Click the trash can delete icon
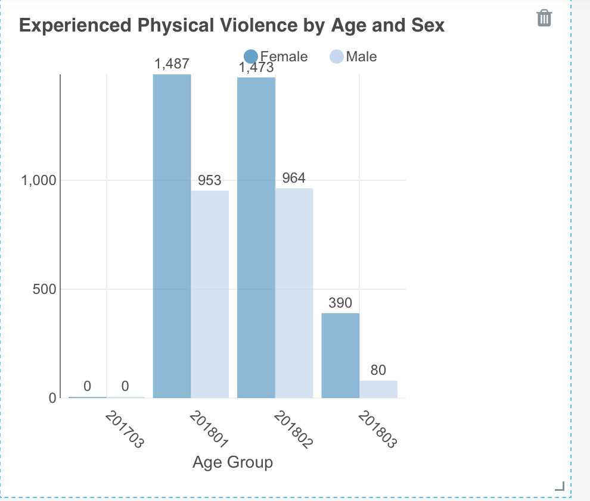click(544, 18)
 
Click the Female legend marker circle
click(251, 57)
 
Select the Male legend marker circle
click(336, 57)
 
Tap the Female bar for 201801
click(172, 236)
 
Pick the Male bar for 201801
click(210, 295)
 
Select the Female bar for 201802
click(256, 238)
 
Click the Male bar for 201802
click(294, 293)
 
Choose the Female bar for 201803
click(340, 356)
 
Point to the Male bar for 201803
click(378, 390)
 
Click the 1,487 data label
click(172, 64)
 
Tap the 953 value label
click(210, 180)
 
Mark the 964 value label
click(294, 178)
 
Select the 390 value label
click(340, 303)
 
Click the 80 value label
click(378, 370)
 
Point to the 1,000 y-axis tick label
click(39, 180)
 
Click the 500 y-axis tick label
click(45, 289)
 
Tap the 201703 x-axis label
click(124, 429)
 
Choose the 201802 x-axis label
click(293, 429)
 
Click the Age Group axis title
click(232, 462)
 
